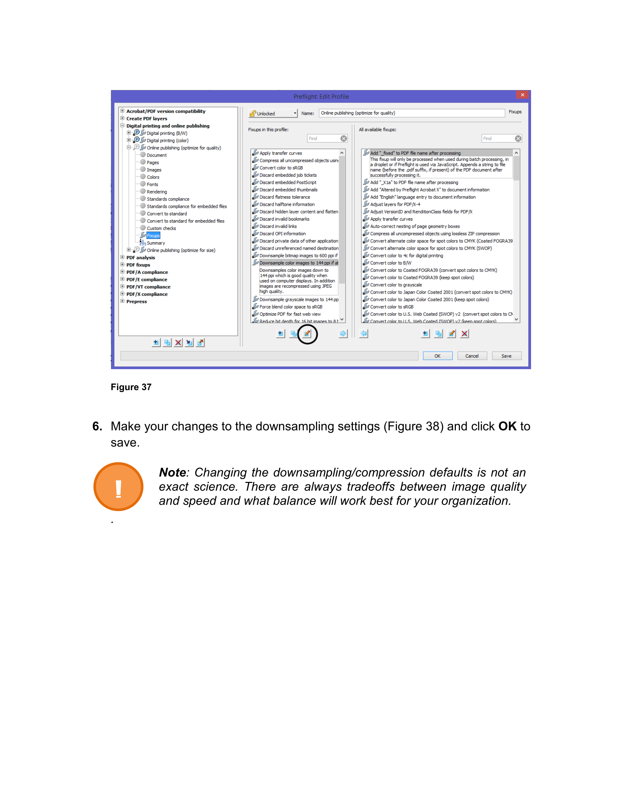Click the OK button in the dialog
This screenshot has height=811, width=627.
coord(437,356)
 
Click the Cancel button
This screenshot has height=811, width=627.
coord(472,356)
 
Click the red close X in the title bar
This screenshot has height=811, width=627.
coord(522,95)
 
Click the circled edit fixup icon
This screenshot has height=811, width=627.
coord(307,334)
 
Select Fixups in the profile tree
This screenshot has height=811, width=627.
coord(153,236)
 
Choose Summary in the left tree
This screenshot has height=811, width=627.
coord(156,243)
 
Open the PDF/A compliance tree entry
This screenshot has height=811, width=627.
coord(147,272)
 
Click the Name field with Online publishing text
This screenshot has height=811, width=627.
coord(411,113)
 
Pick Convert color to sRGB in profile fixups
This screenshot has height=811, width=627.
coord(281,168)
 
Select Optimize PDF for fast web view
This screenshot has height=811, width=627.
coord(290,314)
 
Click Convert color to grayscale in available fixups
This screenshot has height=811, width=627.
coord(396,285)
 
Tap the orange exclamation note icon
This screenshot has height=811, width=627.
coord(118,487)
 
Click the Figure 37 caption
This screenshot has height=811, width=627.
coord(131,387)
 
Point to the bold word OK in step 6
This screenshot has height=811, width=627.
coord(507,426)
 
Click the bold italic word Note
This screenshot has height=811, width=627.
coord(173,472)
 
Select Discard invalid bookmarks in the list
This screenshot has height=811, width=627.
coord(284,219)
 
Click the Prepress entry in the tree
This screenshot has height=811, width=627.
coord(136,301)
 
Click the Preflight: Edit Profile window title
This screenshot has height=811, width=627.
coord(321,97)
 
